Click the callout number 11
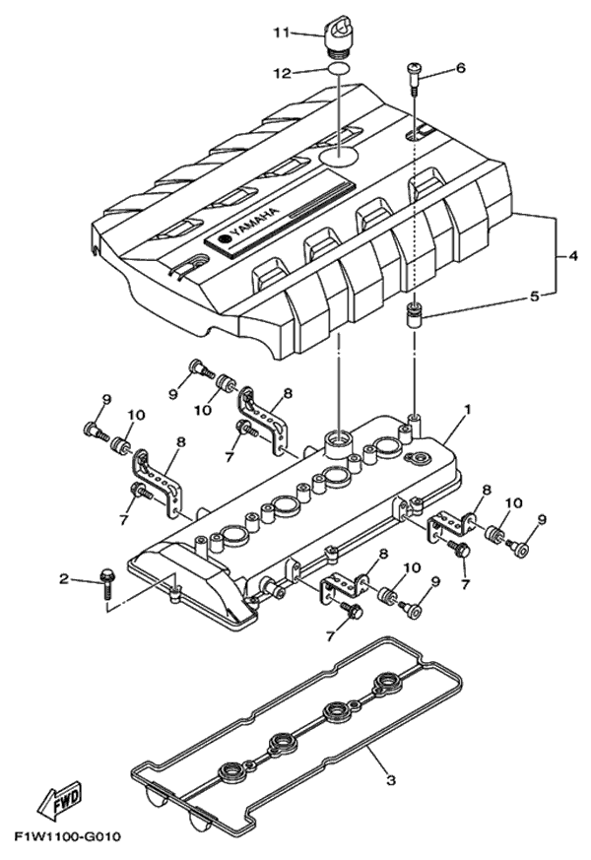pos(280,33)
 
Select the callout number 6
pos(458,69)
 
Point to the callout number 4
pos(571,257)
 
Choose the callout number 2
pos(63,580)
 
